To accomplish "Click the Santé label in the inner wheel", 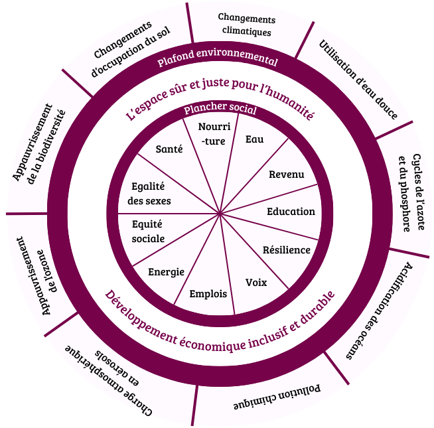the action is (x=169, y=149).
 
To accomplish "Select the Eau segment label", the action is (x=254, y=139).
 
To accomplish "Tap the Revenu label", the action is (x=287, y=175).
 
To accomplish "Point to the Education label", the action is (x=291, y=212).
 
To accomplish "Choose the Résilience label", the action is (x=287, y=250).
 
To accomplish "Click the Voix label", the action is (x=256, y=283).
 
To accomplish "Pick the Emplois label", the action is (x=208, y=294).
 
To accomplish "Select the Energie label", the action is (x=166, y=272).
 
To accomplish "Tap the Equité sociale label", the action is (x=148, y=232).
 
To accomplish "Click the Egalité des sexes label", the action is (x=149, y=194).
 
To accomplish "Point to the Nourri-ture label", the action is (x=214, y=134).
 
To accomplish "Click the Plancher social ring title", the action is (x=220, y=108).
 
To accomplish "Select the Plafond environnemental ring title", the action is (x=217, y=57).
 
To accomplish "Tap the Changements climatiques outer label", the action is (x=247, y=25).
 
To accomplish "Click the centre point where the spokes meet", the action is (x=220, y=214).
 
